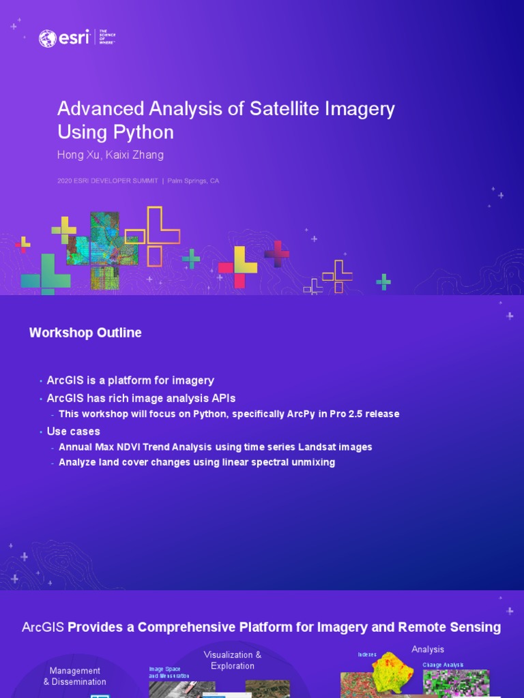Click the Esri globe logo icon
point(48,38)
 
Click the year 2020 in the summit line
point(64,181)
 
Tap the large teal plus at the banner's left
point(46,273)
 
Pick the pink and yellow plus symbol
point(237,267)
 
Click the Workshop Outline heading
point(85,333)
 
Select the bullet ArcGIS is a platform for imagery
point(130,380)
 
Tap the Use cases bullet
point(73,431)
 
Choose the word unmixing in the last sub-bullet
point(313,462)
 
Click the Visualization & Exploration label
point(233,661)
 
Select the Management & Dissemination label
point(75,676)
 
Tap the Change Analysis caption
point(443,665)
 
